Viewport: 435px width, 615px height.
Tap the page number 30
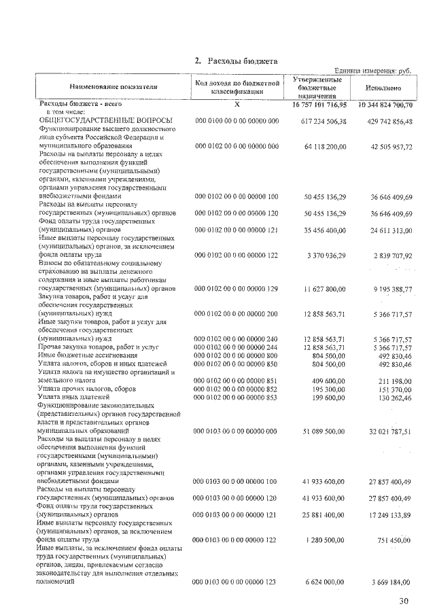(406, 600)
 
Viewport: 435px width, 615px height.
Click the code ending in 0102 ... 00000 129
(236, 289)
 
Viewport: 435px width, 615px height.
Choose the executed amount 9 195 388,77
(388, 289)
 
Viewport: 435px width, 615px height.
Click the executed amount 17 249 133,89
(388, 515)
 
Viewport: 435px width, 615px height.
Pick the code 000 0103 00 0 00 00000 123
(236, 582)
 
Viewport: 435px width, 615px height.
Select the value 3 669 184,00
(391, 582)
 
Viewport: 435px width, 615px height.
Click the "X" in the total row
(237, 105)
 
